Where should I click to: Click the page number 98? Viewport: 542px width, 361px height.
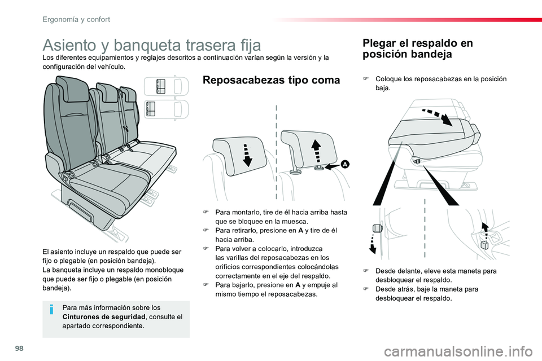pos(19,348)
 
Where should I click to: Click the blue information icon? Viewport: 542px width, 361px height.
pos(51,309)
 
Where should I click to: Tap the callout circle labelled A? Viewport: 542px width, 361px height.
pos(344,164)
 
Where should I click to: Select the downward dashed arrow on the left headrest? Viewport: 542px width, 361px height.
pos(247,155)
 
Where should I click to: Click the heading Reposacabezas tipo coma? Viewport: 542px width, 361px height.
pos(272,80)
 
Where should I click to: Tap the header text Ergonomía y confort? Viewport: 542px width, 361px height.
pos(76,19)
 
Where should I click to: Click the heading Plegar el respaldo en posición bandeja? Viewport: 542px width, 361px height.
pos(418,49)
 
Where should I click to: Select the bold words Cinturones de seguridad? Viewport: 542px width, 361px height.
pos(104,317)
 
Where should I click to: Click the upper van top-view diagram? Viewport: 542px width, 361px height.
pos(166,86)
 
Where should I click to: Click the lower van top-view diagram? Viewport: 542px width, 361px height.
pos(166,109)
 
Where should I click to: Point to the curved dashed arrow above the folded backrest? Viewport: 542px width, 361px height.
pos(437,116)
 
